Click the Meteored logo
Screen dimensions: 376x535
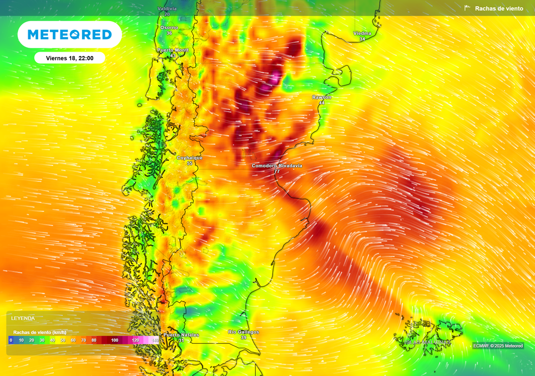pyautogui.click(x=70, y=34)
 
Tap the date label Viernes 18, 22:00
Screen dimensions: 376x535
pyautogui.click(x=69, y=58)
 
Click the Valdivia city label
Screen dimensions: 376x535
pyautogui.click(x=167, y=9)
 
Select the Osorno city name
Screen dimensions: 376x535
pyautogui.click(x=169, y=27)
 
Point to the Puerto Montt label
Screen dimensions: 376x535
pyautogui.click(x=173, y=50)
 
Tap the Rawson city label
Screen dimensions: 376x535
pyautogui.click(x=322, y=97)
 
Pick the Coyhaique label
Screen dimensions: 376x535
pyautogui.click(x=189, y=157)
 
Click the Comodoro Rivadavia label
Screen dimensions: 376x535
pyautogui.click(x=277, y=165)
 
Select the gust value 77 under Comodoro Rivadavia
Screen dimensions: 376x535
pyautogui.click(x=276, y=172)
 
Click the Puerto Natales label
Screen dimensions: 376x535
pyautogui.click(x=181, y=334)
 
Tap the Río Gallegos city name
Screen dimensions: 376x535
pyautogui.click(x=244, y=332)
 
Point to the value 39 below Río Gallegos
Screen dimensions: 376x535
pyautogui.click(x=243, y=338)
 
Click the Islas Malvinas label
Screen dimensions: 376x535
pyautogui.click(x=427, y=342)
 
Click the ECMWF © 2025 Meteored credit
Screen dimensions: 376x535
pyautogui.click(x=498, y=345)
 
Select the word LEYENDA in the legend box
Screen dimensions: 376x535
pyautogui.click(x=23, y=318)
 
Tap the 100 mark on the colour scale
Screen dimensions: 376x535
pyautogui.click(x=114, y=340)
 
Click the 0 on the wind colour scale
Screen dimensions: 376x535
pyautogui.click(x=11, y=340)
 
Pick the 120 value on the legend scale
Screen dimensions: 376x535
pyautogui.click(x=135, y=340)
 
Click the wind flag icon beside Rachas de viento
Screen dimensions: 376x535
pyautogui.click(x=467, y=8)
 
